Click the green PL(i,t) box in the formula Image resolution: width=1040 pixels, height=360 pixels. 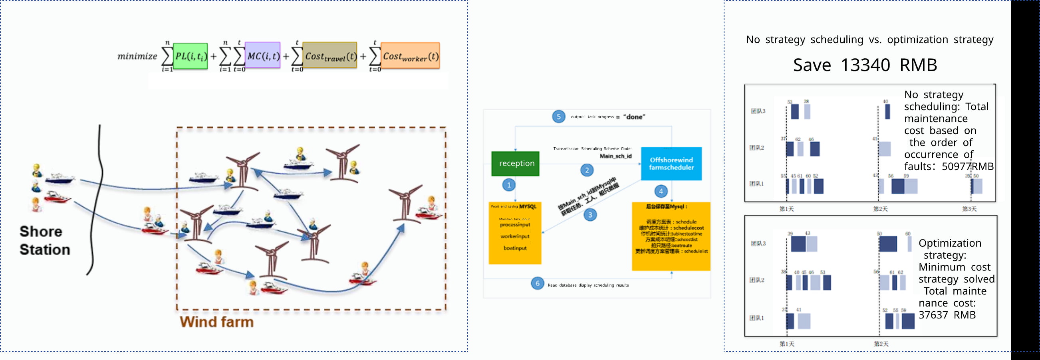[191, 56]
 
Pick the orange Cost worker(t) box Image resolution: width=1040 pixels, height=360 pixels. [410, 56]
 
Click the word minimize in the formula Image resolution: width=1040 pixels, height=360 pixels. [137, 57]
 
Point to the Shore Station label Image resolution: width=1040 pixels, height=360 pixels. [44, 241]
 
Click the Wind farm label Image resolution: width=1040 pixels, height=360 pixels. [217, 322]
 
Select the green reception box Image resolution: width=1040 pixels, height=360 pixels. [516, 164]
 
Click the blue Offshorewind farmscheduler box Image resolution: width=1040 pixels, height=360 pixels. [671, 164]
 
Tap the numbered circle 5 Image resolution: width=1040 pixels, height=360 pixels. [558, 117]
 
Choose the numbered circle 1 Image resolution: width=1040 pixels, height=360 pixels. [509, 185]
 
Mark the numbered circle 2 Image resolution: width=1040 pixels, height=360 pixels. [587, 170]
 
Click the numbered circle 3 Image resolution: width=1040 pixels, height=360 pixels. [590, 215]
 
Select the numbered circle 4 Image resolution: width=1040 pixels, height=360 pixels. [661, 191]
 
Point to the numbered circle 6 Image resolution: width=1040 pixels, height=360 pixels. [537, 283]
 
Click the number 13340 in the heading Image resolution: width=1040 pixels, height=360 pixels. [865, 65]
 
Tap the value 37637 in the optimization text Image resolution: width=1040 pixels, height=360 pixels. [933, 315]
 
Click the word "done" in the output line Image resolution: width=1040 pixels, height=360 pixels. [634, 117]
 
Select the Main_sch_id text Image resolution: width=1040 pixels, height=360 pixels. [615, 156]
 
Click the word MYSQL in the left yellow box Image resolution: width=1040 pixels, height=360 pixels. [528, 207]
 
